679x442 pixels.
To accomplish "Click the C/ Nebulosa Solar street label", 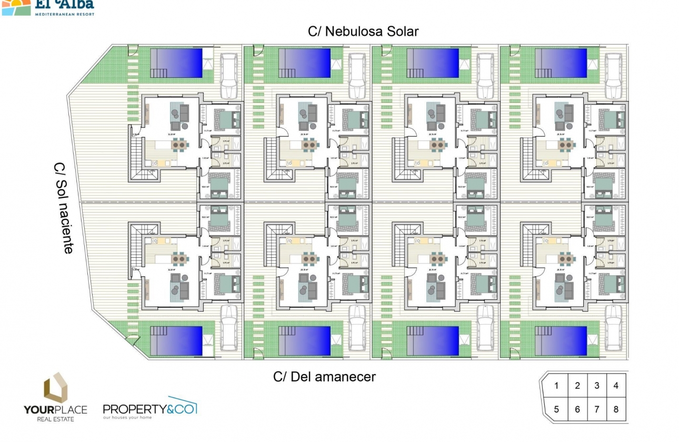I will point(363,32).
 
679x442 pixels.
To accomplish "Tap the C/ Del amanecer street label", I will point(324,377).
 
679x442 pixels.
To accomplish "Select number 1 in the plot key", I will point(556,386).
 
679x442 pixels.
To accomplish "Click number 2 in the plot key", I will point(577,386).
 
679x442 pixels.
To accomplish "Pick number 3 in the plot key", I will point(596,386).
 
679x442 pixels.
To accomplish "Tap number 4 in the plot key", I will point(616,386).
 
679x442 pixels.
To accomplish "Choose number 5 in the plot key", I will point(556,409).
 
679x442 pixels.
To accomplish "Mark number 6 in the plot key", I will point(577,409).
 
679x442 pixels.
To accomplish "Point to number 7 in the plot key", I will point(596,409).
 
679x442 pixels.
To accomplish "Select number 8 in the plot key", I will point(616,409).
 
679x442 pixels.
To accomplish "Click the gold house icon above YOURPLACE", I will point(56,388).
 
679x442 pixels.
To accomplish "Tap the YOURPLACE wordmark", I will point(55,409).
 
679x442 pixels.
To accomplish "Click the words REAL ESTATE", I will point(55,419).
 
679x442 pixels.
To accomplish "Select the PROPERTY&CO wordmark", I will point(149,409).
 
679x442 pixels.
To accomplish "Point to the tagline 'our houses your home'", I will point(127,418).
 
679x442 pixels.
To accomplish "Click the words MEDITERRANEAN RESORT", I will point(64,14).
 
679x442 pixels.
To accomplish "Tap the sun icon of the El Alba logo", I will point(16,6).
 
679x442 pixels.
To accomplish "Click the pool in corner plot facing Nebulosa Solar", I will point(177,63).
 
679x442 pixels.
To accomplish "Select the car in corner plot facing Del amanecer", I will point(228,327).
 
